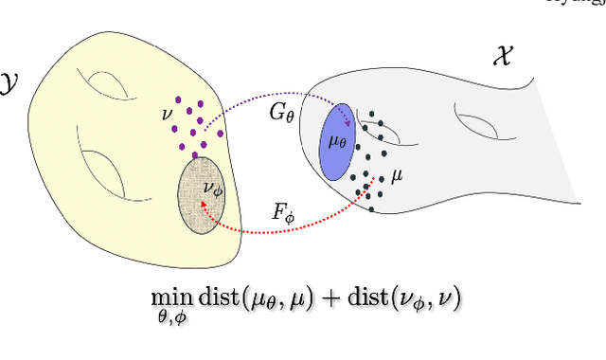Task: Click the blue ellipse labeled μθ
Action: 336,143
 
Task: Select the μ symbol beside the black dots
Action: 398,176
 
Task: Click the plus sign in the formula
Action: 326,297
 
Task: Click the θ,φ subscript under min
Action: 168,316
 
